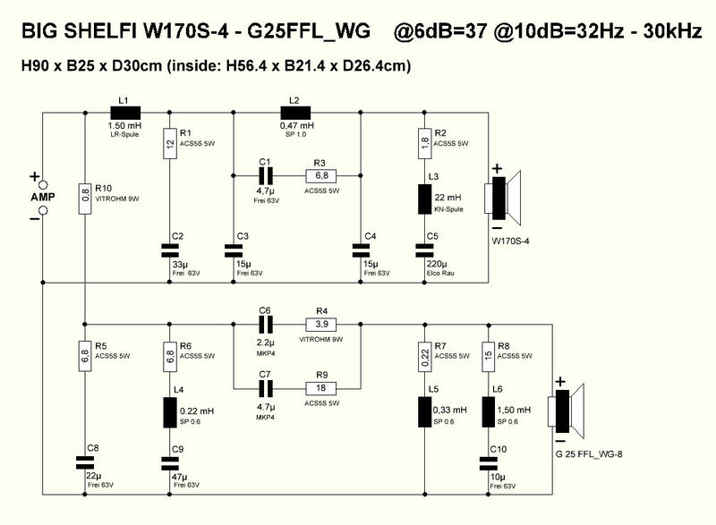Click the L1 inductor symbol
(x=124, y=113)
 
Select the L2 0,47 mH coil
(x=294, y=113)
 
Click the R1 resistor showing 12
(x=169, y=145)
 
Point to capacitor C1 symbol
(x=265, y=174)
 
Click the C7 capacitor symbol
(x=265, y=387)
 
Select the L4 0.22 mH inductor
(x=169, y=411)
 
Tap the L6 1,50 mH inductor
(x=487, y=411)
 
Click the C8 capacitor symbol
(x=84, y=462)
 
